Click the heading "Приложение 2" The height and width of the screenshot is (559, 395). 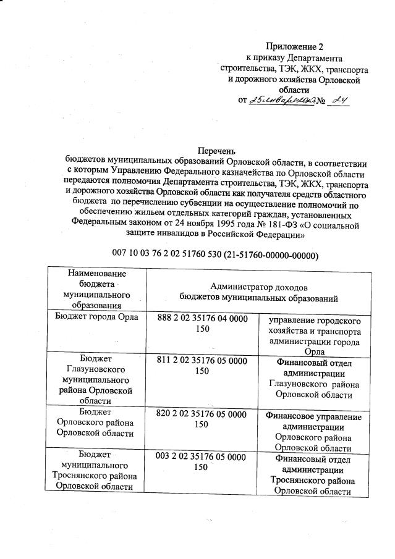[295, 46]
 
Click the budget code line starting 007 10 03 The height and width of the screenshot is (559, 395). [215, 254]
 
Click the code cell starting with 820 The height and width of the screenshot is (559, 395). [202, 419]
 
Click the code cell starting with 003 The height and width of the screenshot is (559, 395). [202, 462]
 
